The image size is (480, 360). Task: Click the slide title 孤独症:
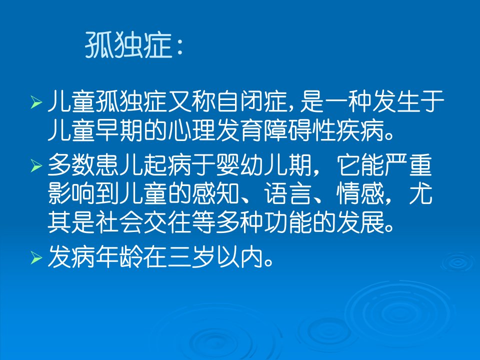134,45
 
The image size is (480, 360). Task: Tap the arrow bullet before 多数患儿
36,166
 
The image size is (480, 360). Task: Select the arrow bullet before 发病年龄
36,258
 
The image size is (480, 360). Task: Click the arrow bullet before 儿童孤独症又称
36,102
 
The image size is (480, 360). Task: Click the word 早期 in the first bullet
120,130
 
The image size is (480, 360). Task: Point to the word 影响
71,194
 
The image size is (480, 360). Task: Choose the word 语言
288,194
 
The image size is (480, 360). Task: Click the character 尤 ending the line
420,194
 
